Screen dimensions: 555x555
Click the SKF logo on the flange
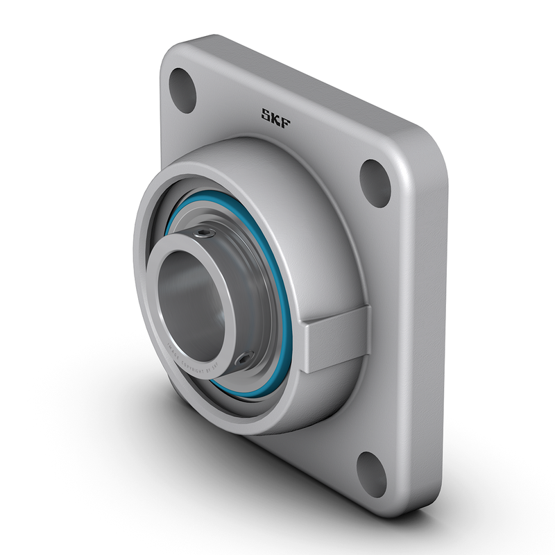tap(275, 115)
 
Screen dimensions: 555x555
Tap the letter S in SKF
tap(266, 112)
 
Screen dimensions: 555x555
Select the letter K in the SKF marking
tap(275, 115)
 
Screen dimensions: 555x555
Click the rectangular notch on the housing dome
tap(336, 343)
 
